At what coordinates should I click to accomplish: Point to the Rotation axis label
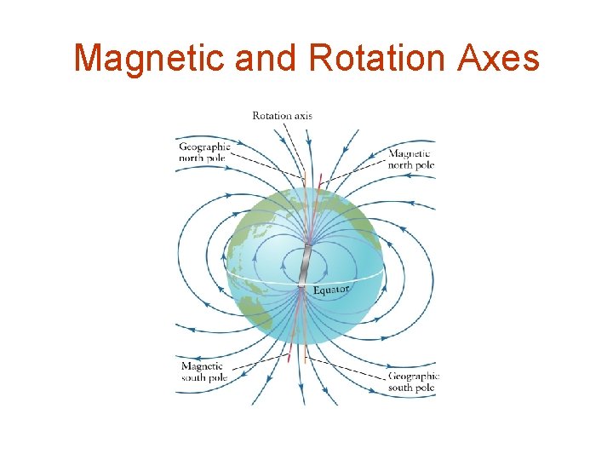tap(282, 115)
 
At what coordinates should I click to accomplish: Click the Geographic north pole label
tap(204, 152)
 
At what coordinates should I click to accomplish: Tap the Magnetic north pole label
tap(411, 159)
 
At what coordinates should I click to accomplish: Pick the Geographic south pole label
tap(413, 382)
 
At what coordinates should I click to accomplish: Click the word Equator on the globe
tap(331, 290)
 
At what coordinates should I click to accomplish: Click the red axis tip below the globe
tap(289, 351)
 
